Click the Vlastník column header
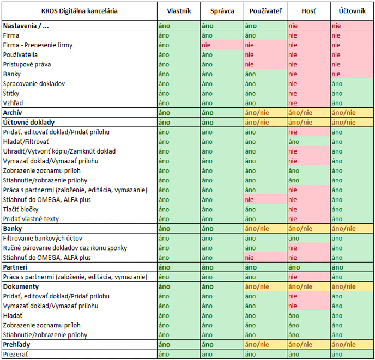179,11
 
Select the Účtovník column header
352,11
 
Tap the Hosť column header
309,11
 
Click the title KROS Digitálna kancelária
80,11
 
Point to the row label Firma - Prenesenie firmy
38,45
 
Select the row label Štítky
11,93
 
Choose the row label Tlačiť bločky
21,209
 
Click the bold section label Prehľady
16,344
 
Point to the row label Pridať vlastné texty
31,219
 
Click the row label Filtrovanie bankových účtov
43,239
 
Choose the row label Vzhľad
13,103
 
